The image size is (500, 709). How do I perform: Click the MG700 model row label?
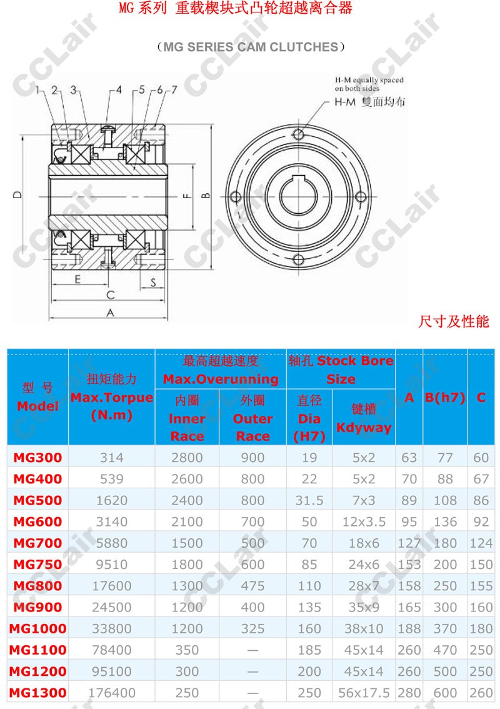point(37,543)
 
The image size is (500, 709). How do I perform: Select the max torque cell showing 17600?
point(112,586)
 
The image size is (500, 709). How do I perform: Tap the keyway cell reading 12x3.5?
point(364,521)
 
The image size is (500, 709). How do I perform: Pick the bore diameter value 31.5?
point(309,500)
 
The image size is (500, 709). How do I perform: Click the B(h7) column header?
point(445,397)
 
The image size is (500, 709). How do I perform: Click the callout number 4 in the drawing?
point(119,89)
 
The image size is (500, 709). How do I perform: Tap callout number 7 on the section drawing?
point(174,90)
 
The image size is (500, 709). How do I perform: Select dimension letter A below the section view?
point(110,313)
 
